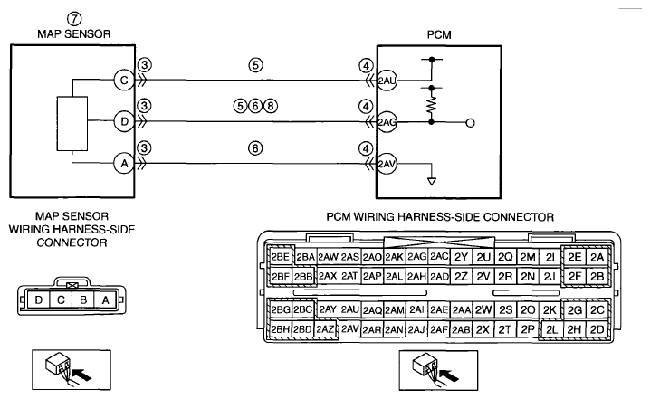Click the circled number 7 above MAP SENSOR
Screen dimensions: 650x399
point(74,19)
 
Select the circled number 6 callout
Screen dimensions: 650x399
point(255,107)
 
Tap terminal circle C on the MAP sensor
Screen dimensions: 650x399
point(124,80)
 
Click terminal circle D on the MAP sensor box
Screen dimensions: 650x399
point(124,122)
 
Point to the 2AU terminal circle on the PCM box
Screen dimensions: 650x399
point(387,80)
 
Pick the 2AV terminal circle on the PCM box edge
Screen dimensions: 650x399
point(387,164)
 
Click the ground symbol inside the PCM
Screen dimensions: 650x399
point(432,182)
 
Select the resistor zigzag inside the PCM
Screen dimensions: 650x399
point(432,105)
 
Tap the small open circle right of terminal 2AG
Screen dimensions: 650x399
point(470,123)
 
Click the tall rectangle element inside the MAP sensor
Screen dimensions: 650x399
point(72,123)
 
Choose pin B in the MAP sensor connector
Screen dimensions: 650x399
point(83,299)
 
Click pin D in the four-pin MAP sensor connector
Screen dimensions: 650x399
point(39,299)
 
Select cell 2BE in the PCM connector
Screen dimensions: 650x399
point(281,257)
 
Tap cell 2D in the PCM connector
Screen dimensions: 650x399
point(597,330)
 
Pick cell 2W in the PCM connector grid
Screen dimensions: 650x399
point(483,310)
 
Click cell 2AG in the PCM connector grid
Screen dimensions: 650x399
point(416,257)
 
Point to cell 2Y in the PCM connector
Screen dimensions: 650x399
point(461,257)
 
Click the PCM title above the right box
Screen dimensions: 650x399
point(439,34)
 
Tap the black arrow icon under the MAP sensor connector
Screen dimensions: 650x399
point(83,375)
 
